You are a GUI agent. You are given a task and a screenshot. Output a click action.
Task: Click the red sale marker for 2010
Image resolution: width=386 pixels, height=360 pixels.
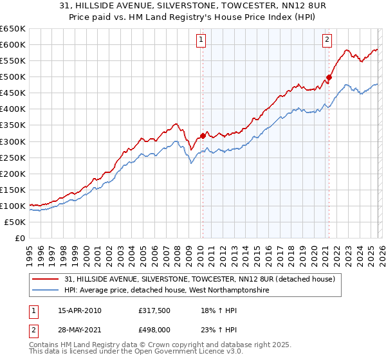(x=203, y=136)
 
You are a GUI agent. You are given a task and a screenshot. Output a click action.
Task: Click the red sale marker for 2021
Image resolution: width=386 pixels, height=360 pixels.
(x=329, y=77)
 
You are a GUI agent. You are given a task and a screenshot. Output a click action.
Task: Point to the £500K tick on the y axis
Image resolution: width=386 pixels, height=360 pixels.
(x=13, y=77)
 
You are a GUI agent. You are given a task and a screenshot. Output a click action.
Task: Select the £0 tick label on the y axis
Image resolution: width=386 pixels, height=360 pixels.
(x=20, y=239)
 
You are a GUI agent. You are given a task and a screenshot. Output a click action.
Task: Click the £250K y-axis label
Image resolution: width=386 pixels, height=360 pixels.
(x=13, y=157)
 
